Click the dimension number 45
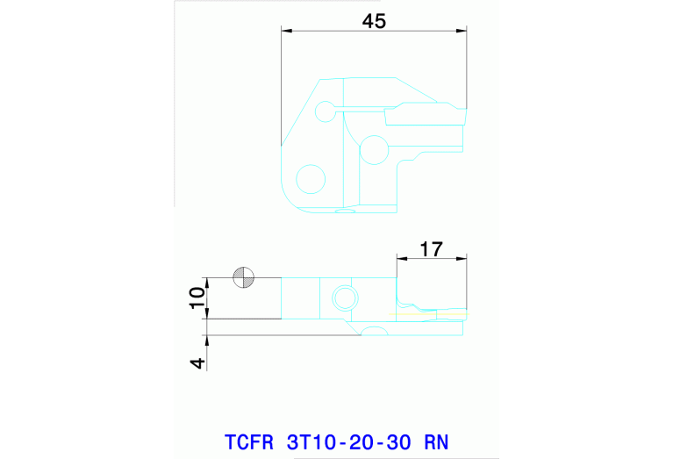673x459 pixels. click(x=374, y=22)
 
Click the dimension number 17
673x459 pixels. click(x=431, y=248)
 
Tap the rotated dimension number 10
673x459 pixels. click(x=199, y=298)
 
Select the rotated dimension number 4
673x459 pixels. click(x=199, y=362)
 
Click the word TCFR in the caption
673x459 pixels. click(x=248, y=441)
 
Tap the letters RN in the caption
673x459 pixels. click(x=436, y=441)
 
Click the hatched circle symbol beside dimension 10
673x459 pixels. click(x=243, y=278)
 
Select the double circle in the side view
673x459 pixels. click(x=342, y=298)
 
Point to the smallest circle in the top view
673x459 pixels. click(x=326, y=111)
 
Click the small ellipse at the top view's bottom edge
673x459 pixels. click(x=348, y=210)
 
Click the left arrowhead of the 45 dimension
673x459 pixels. click(x=286, y=32)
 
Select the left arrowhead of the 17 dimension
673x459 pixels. click(x=401, y=258)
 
